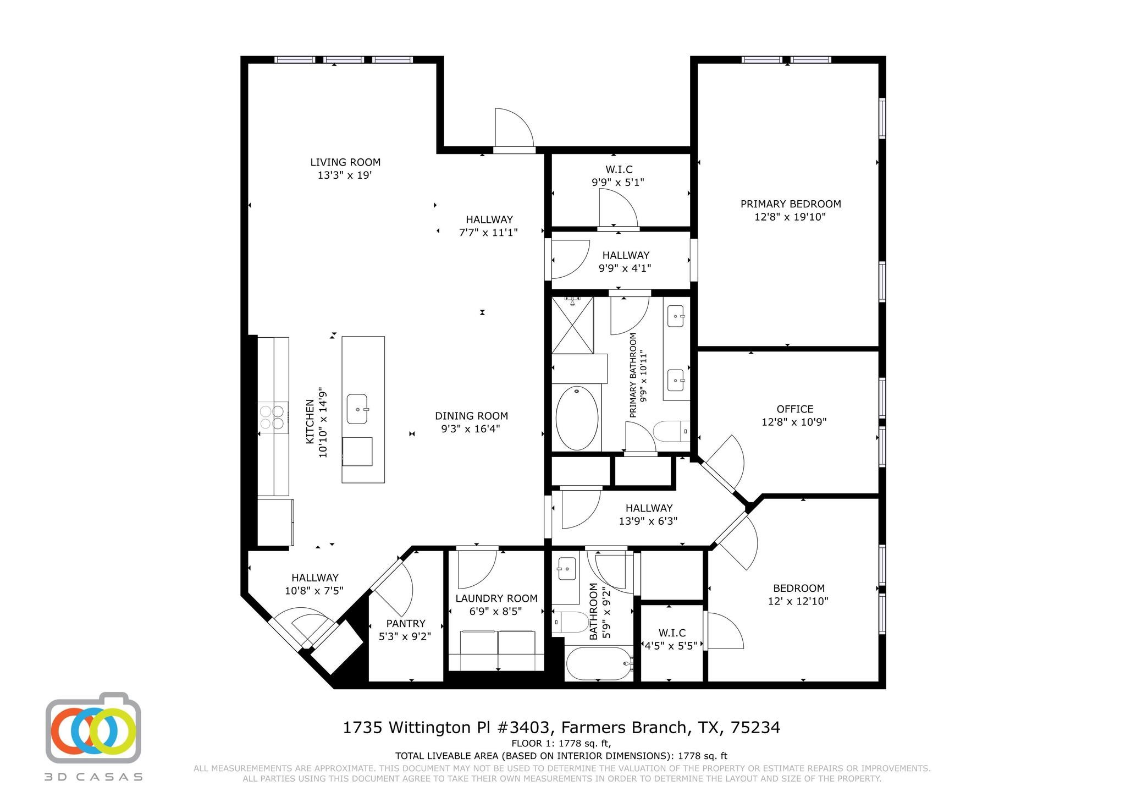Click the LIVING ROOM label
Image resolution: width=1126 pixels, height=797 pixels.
pos(345,162)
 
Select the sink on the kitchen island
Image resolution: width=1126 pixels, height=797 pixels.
pos(357,409)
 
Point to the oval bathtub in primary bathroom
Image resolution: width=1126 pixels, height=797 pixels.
pos(577,418)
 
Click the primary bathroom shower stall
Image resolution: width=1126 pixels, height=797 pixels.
pos(572,325)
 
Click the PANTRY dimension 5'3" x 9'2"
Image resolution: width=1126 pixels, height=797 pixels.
pos(405,636)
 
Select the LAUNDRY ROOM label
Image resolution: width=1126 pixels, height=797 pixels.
pos(496,598)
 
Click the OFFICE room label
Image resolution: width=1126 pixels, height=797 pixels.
pos(794,409)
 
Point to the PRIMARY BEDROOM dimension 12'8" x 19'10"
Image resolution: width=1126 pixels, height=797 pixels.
pos(790,217)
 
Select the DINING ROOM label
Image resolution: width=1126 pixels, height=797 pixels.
pos(471,416)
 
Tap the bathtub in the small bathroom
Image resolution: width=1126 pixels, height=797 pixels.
pos(599,663)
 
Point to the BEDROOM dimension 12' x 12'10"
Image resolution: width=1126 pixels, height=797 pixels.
pos(798,602)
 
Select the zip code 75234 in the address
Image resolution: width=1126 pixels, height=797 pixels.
pos(755,728)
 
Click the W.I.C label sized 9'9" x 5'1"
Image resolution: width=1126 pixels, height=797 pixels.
pos(619,169)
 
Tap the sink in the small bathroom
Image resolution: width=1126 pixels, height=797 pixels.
pos(566,569)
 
